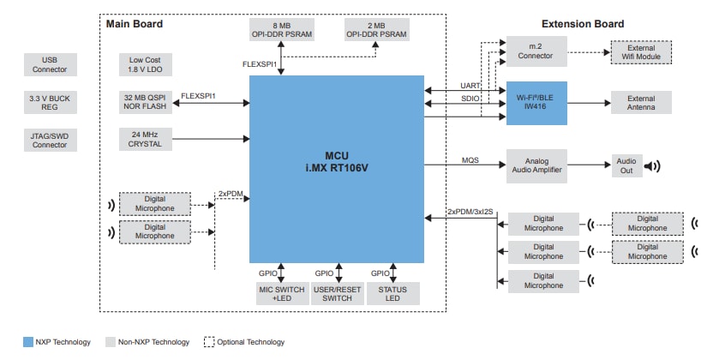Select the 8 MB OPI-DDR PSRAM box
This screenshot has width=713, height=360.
(x=281, y=29)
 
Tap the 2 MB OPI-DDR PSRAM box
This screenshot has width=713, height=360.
(x=377, y=29)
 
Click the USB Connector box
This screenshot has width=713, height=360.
(x=49, y=63)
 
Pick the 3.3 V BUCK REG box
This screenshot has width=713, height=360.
(x=49, y=103)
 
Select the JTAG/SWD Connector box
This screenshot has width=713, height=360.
(x=49, y=140)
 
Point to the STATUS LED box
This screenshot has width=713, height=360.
(x=392, y=292)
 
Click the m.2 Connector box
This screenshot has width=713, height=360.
(x=536, y=53)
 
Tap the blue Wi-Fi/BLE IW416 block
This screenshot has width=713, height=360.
(x=536, y=104)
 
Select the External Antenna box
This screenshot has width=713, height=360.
(x=641, y=104)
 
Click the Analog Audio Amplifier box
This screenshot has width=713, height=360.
(x=536, y=165)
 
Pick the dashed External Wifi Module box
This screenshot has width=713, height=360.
(x=641, y=53)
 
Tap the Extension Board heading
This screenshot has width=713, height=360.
(x=583, y=23)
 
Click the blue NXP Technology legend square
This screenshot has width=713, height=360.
(x=27, y=342)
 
